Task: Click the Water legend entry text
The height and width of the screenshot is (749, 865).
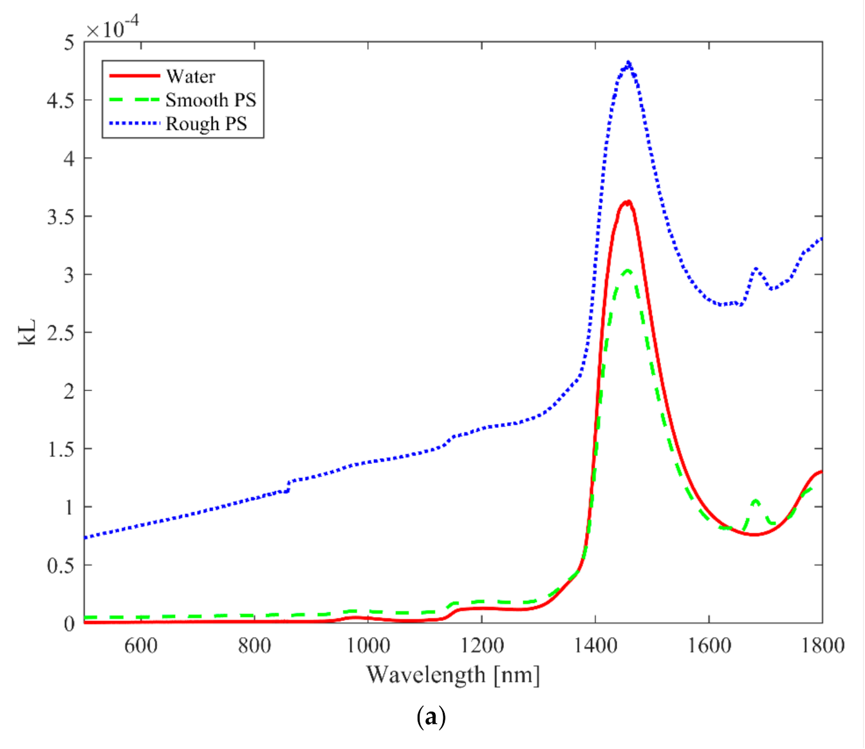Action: click(191, 77)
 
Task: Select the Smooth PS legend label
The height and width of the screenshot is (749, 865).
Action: click(210, 100)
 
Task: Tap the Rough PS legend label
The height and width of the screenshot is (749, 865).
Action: click(206, 124)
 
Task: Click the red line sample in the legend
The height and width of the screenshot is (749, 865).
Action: click(135, 76)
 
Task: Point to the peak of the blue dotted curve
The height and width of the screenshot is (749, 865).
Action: click(628, 63)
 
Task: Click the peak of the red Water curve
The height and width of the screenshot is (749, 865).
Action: click(626, 202)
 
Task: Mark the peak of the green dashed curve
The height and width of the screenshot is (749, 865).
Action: click(627, 271)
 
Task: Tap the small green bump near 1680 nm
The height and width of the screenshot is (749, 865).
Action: click(756, 501)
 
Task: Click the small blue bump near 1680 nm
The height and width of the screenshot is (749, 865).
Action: click(756, 269)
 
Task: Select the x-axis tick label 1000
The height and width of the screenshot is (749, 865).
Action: click(368, 645)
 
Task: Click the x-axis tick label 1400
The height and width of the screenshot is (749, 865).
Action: click(595, 645)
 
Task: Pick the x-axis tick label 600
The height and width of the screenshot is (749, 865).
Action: click(141, 645)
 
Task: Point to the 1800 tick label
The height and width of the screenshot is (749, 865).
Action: click(822, 645)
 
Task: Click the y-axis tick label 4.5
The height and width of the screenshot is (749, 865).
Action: click(60, 100)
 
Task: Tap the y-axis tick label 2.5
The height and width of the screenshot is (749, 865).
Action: click(60, 333)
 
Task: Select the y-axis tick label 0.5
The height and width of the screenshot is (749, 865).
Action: click(60, 566)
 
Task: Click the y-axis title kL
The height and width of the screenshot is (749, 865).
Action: click(27, 333)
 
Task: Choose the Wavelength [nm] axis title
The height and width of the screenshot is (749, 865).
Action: click(453, 675)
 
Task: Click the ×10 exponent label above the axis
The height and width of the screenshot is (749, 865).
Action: click(112, 29)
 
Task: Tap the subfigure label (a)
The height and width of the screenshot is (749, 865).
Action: click(431, 716)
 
